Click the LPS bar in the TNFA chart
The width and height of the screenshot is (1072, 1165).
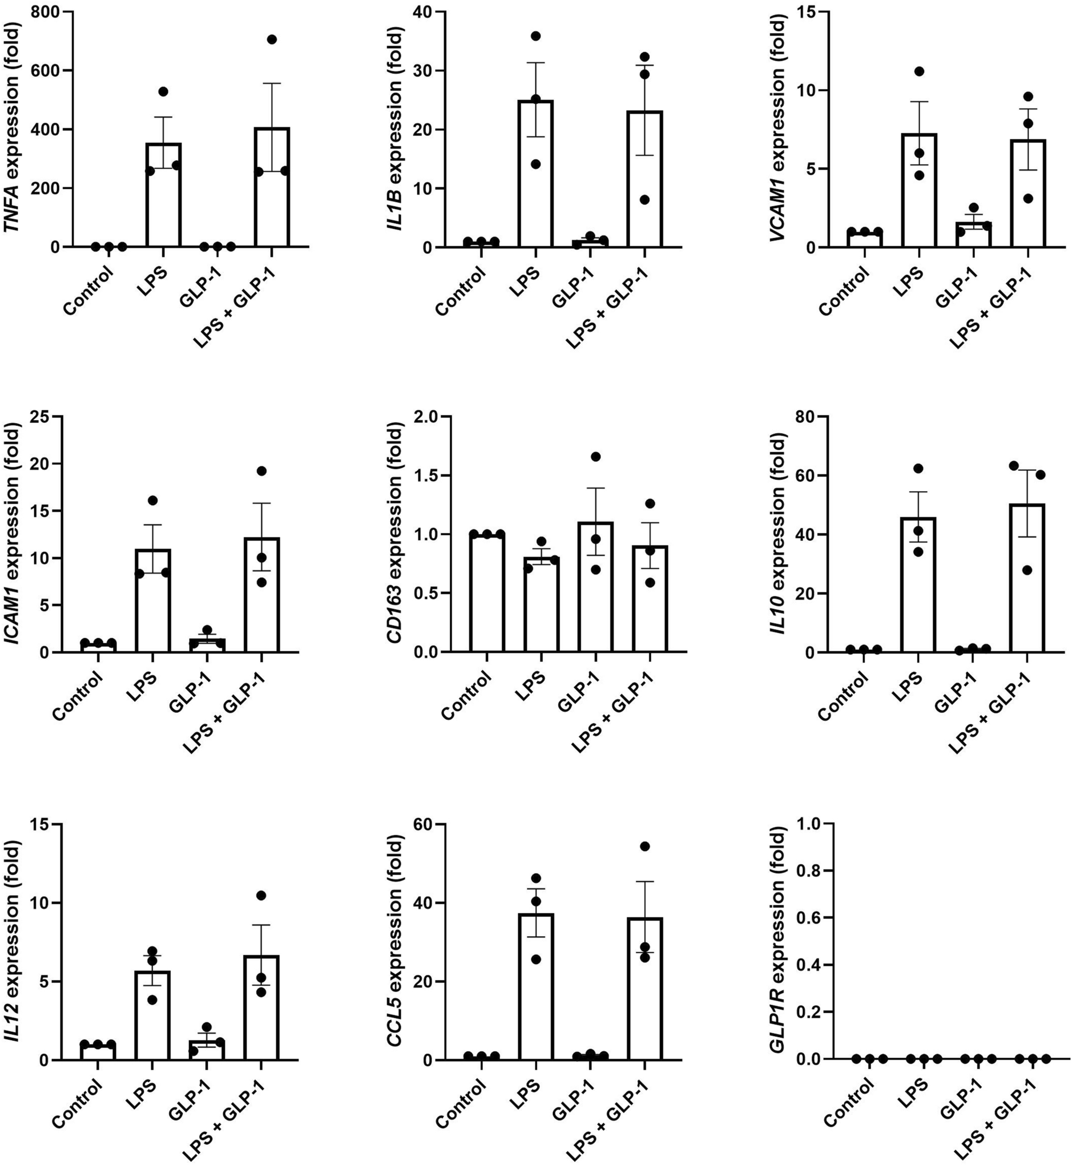click(x=163, y=197)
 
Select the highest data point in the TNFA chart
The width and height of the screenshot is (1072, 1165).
click(x=272, y=40)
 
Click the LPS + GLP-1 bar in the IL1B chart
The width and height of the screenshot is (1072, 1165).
click(x=645, y=180)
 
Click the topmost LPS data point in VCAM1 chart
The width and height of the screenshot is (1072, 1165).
click(x=918, y=72)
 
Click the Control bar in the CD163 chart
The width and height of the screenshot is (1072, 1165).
click(x=487, y=592)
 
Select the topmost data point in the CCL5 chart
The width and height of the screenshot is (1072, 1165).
click(x=645, y=846)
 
